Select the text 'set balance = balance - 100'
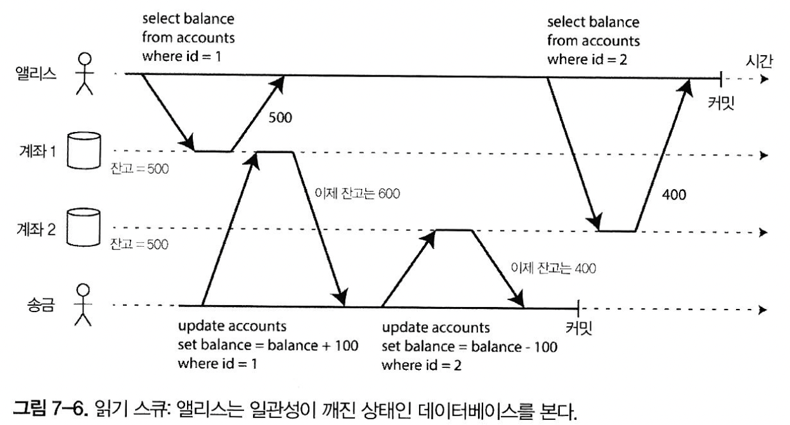tap(470, 347)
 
